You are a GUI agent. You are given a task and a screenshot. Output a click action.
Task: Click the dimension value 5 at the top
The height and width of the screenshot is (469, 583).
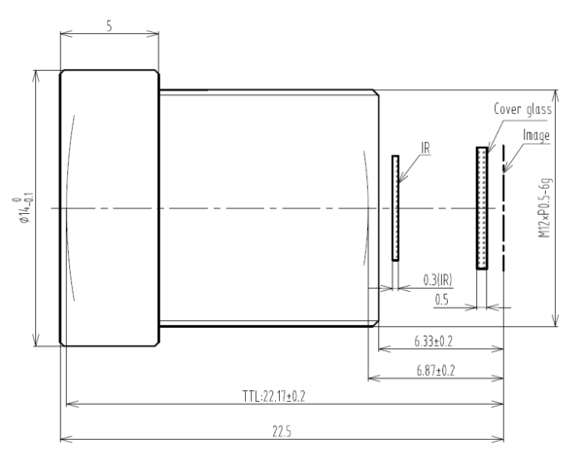pos(109,26)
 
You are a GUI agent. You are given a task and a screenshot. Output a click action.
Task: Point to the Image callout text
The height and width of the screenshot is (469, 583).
pos(536,135)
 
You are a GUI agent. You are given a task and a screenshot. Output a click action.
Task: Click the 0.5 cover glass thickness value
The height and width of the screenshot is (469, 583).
pos(442,300)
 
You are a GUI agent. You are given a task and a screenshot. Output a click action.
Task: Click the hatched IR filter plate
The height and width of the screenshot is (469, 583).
pos(395,207)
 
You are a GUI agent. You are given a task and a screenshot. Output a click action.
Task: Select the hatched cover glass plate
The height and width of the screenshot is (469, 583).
pos(481,207)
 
